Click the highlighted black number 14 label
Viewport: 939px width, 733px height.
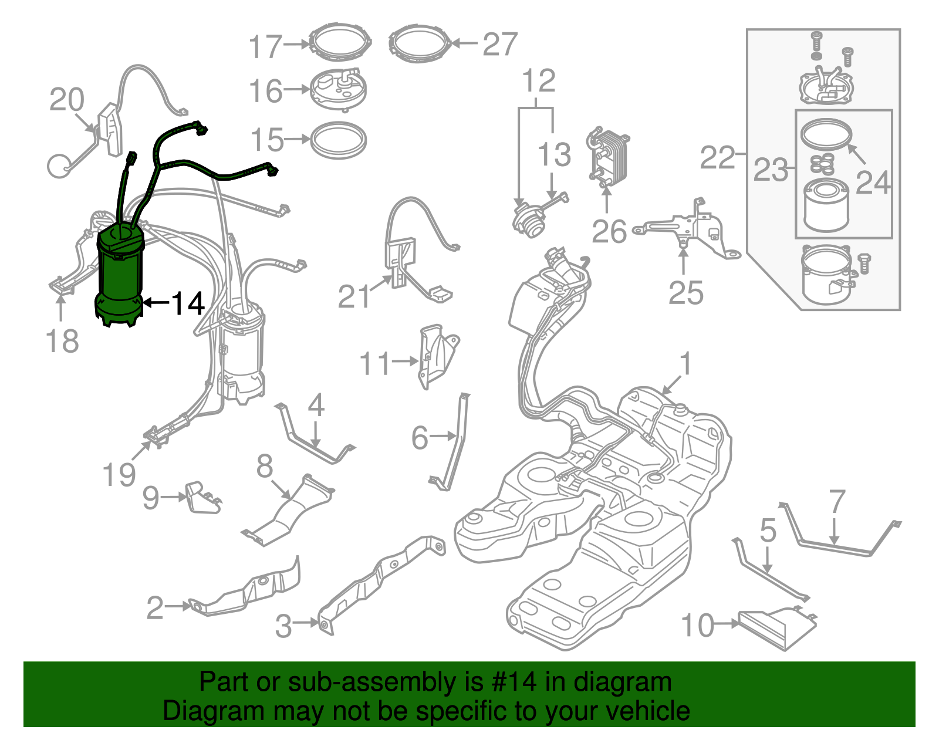click(188, 303)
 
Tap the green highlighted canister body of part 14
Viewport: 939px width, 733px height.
click(120, 276)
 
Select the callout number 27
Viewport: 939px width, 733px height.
click(500, 44)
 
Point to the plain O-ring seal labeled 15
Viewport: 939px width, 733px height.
click(338, 140)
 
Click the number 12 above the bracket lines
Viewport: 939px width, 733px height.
click(539, 81)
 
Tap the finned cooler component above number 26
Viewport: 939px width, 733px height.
click(608, 156)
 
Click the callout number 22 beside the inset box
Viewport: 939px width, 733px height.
click(717, 158)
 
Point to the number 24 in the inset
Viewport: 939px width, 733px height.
click(873, 183)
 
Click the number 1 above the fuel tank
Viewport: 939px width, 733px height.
click(685, 364)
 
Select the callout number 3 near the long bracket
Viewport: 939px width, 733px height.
click(283, 626)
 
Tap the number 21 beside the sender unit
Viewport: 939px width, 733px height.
click(354, 296)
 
